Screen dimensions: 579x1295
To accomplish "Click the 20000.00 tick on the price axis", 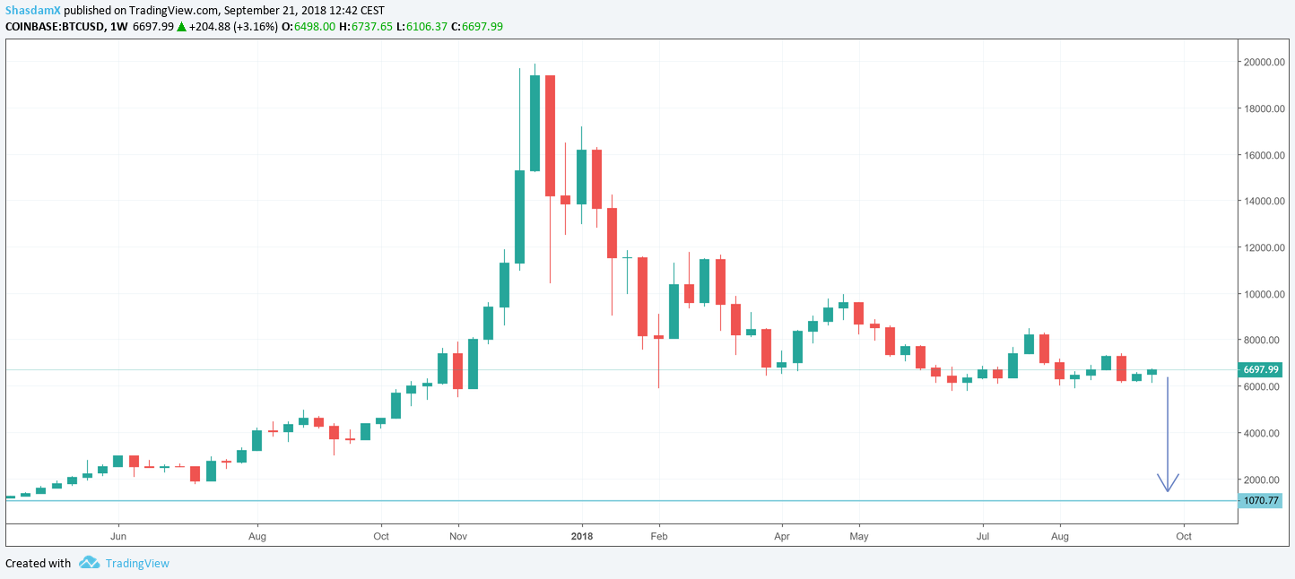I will click(x=1264, y=63).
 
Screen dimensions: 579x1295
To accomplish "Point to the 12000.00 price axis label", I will click(x=1264, y=248).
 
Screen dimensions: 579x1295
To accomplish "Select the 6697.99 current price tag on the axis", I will click(x=1261, y=370).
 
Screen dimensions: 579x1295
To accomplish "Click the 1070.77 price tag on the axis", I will click(x=1261, y=501).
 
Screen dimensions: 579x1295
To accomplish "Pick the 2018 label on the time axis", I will click(x=582, y=536).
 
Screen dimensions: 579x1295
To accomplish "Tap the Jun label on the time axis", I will click(x=117, y=536).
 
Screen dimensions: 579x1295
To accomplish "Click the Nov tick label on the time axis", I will click(x=457, y=536).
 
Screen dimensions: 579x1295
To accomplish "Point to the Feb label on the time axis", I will click(x=659, y=536).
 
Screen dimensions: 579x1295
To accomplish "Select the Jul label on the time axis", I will click(x=983, y=536).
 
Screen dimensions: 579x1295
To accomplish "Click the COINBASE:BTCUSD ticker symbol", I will click(x=53, y=27).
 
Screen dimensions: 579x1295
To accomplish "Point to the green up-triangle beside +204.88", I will click(x=181, y=27).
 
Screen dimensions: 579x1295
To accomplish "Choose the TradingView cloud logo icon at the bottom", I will click(x=89, y=563).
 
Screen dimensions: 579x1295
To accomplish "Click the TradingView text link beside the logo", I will click(x=137, y=564).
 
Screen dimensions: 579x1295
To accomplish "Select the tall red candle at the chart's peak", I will click(x=550, y=135).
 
